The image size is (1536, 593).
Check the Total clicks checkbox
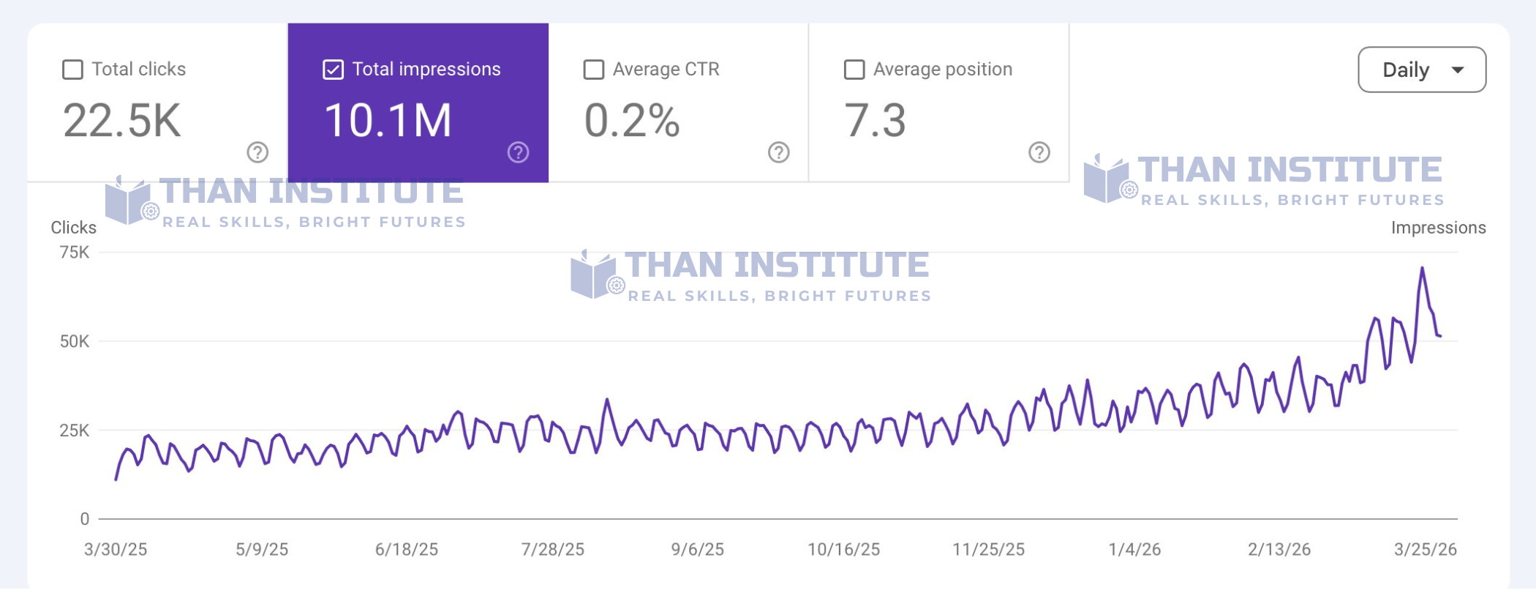[x=72, y=70]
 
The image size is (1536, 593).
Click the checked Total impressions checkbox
[x=333, y=70]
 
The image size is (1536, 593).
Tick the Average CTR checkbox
[x=593, y=70]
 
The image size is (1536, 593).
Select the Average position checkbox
[x=854, y=70]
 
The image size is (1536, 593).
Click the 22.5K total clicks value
[x=121, y=121]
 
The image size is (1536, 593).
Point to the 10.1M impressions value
[x=388, y=121]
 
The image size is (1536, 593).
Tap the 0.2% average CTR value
[x=632, y=121]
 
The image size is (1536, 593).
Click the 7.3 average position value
[x=875, y=121]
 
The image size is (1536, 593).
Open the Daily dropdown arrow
[x=1457, y=70]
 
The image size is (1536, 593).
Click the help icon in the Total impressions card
[x=518, y=152]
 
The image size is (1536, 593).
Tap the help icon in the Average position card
[x=1039, y=152]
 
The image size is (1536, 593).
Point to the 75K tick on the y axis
[x=75, y=253]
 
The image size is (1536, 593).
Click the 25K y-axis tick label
[x=75, y=430]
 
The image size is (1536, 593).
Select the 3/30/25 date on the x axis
[x=116, y=550]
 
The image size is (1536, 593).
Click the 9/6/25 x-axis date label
[x=697, y=550]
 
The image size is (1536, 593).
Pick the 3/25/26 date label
[x=1425, y=550]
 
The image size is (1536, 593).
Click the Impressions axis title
[x=1438, y=228]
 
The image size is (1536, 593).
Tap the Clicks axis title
[x=73, y=228]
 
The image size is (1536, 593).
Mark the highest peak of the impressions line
[x=1422, y=269]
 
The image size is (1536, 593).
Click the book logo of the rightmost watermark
[x=1106, y=179]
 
